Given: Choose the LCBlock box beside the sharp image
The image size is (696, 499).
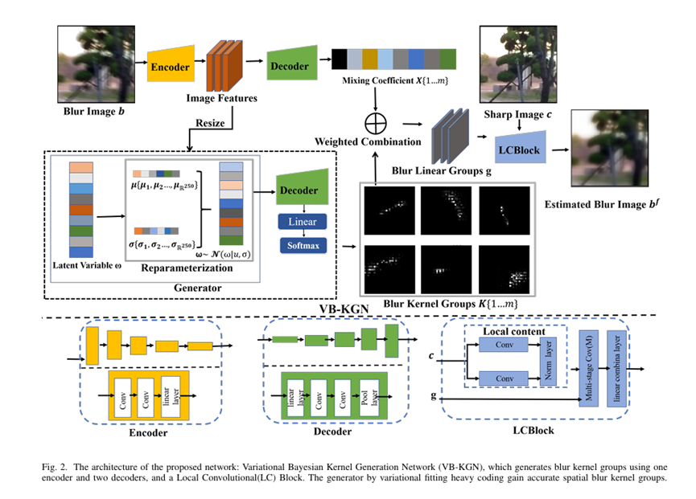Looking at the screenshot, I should [520, 150].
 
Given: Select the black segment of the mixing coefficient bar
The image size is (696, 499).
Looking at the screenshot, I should [340, 59].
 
